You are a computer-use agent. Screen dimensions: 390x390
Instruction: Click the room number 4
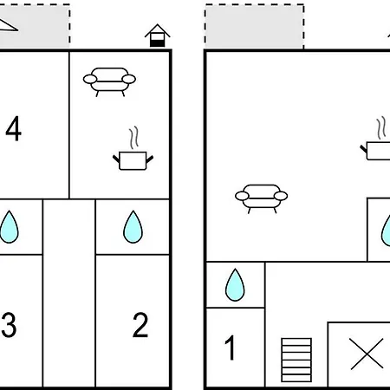[x=13, y=128]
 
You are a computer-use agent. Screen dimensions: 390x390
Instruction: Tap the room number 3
[x=9, y=325]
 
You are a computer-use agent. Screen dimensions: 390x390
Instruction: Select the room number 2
[x=140, y=325]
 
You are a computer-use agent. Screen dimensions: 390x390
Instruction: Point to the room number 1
[x=230, y=348]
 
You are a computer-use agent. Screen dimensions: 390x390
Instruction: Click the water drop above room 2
[x=133, y=227]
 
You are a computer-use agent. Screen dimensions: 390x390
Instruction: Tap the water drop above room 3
[x=9, y=227]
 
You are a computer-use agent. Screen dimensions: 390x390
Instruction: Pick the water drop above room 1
[x=235, y=285]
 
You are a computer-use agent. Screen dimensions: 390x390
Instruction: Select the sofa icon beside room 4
[x=109, y=81]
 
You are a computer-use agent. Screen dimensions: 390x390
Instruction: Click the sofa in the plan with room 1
[x=262, y=198]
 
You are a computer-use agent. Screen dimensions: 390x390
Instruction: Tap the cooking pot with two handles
[x=133, y=160]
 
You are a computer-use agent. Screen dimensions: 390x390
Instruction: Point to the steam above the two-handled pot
[x=133, y=138]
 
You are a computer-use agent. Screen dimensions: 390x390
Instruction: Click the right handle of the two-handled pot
[x=150, y=159]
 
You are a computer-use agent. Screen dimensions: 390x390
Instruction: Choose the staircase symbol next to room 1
[x=296, y=360]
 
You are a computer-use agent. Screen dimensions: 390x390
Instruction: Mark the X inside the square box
[x=367, y=354]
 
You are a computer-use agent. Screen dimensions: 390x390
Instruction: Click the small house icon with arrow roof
[x=158, y=36]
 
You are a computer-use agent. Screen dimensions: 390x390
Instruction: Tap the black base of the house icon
[x=158, y=43]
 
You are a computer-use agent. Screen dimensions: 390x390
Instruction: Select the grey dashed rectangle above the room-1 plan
[x=255, y=26]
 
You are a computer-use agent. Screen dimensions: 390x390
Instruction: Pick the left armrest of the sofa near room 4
[x=90, y=79]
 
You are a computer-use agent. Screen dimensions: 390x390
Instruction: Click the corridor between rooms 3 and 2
[x=69, y=292]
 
